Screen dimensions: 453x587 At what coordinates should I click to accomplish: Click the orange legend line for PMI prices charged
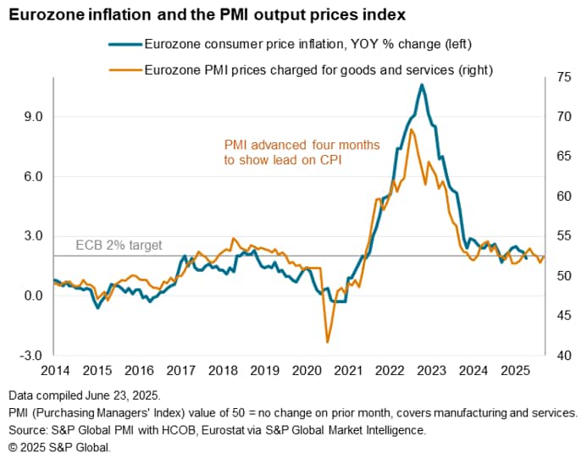pyautogui.click(x=125, y=70)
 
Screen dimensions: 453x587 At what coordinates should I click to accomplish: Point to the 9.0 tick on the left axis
pyautogui.click(x=32, y=116)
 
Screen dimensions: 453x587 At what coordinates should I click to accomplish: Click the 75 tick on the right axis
pyautogui.click(x=558, y=77)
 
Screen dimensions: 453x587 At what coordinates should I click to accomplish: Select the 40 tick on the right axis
pyautogui.click(x=558, y=356)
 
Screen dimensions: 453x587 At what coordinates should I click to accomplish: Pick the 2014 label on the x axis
pyautogui.click(x=55, y=371)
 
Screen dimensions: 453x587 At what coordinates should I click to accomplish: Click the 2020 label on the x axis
pyautogui.click(x=307, y=371)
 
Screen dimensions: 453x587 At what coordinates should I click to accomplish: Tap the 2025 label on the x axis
pyautogui.click(x=516, y=371)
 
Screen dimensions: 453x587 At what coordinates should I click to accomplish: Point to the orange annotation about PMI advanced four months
pyautogui.click(x=302, y=152)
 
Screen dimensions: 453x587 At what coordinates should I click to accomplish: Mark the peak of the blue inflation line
pyautogui.click(x=422, y=85)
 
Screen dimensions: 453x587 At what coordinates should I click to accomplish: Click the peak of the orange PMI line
pyautogui.click(x=411, y=130)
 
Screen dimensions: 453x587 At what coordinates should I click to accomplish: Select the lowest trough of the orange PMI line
pyautogui.click(x=327, y=342)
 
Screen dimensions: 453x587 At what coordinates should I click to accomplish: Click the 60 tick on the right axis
pyautogui.click(x=558, y=196)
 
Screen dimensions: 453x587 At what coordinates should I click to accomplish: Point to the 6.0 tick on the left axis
pyautogui.click(x=32, y=176)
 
